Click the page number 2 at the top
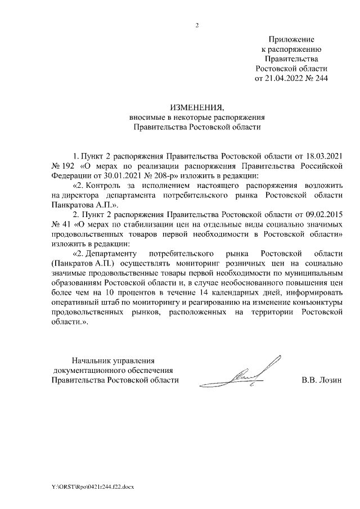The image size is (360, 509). pyautogui.click(x=197, y=25)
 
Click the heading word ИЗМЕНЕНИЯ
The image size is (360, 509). pyautogui.click(x=197, y=107)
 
